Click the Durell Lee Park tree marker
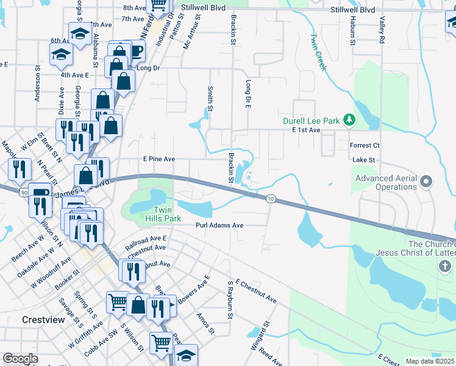click(x=349, y=120)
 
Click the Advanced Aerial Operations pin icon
click(x=426, y=181)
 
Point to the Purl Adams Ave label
click(x=219, y=225)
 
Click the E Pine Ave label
click(x=159, y=159)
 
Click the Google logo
click(x=20, y=359)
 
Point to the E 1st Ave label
click(x=306, y=131)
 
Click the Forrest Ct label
click(x=365, y=146)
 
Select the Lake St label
click(x=363, y=159)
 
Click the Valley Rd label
click(x=382, y=30)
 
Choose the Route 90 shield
click(x=23, y=193)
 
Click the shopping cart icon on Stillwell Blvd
click(x=159, y=5)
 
